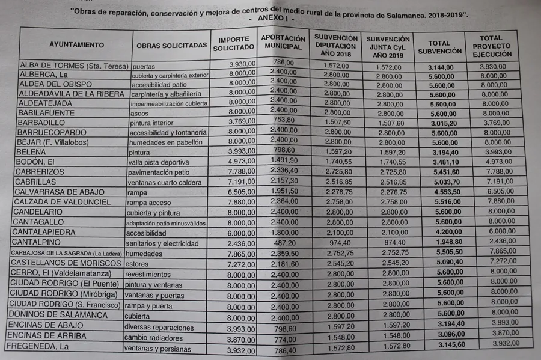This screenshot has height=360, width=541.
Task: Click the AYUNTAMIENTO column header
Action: click(76, 44)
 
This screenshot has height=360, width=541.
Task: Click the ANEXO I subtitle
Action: click(271, 19)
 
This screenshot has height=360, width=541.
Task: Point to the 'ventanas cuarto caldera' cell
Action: click(166, 182)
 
